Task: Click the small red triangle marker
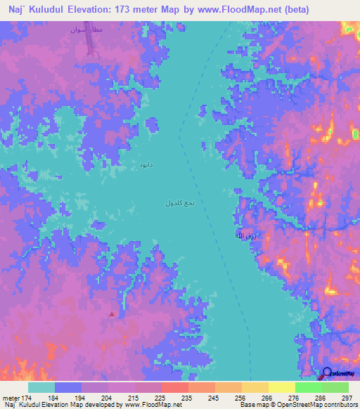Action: pyautogui.click(x=111, y=314)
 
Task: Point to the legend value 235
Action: pyautogui.click(x=176, y=398)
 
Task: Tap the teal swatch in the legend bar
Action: pyautogui.click(x=41, y=387)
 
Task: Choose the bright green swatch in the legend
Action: pyautogui.click(x=308, y=387)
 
